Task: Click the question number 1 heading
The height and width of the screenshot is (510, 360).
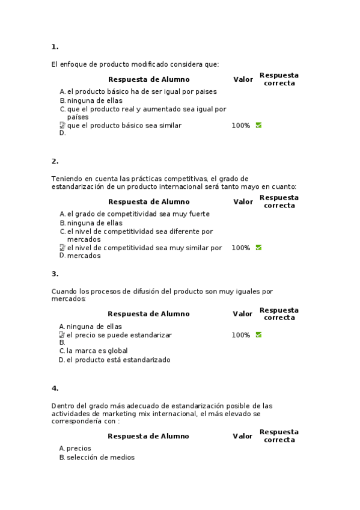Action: click(x=55, y=47)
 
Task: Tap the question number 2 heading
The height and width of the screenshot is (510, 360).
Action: click(x=55, y=161)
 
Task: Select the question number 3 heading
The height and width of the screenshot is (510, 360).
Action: click(x=55, y=274)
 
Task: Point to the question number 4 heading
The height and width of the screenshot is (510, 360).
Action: click(x=55, y=388)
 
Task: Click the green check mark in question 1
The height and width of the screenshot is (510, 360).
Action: click(x=258, y=126)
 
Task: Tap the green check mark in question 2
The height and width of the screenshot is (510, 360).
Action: click(x=258, y=248)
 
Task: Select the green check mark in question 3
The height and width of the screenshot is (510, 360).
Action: click(x=258, y=335)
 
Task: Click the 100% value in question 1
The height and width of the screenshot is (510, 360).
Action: click(x=240, y=126)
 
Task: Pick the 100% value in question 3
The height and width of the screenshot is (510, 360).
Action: click(x=240, y=335)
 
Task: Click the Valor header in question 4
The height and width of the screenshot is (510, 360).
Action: click(x=243, y=436)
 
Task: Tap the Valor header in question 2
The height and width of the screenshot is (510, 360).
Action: click(x=243, y=201)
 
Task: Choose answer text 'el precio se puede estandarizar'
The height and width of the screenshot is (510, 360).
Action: click(x=119, y=335)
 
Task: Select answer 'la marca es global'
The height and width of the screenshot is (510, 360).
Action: click(x=97, y=351)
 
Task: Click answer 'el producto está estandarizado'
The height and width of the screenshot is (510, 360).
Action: click(x=118, y=360)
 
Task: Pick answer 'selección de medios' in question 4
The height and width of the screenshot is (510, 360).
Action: click(x=100, y=458)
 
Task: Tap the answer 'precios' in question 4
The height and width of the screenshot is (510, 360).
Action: click(x=79, y=448)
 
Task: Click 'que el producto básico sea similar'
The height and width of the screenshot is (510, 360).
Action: click(x=124, y=126)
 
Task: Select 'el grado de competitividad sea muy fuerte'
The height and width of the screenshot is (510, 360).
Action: click(x=138, y=214)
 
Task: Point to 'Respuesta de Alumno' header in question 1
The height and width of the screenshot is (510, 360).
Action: click(x=148, y=79)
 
